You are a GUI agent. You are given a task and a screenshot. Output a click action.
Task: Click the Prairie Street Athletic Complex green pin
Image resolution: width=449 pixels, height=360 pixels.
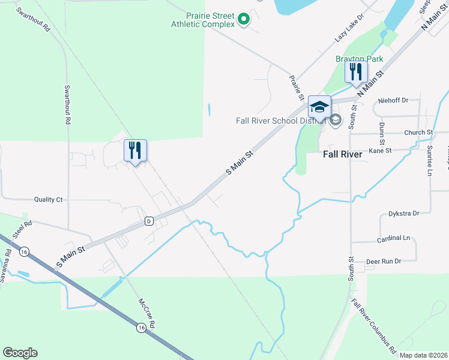pyautogui.click(x=243, y=20)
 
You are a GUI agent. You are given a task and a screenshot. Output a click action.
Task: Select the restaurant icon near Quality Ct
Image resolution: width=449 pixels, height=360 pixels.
pyautogui.click(x=135, y=150)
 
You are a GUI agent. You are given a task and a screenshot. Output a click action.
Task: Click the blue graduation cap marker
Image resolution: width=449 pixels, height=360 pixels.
pyautogui.click(x=319, y=107)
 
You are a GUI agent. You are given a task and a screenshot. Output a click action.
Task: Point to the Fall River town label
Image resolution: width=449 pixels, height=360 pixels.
pyautogui.click(x=342, y=154)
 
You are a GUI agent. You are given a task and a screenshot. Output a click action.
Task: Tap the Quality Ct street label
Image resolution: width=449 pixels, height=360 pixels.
pyautogui.click(x=48, y=199)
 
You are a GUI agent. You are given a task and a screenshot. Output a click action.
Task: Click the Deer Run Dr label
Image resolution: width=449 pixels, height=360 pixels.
pyautogui.click(x=383, y=261)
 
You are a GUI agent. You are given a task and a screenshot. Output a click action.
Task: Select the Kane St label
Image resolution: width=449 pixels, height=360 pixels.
pyautogui.click(x=380, y=151)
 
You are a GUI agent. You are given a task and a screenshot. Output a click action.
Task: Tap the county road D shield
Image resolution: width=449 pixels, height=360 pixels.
pyautogui.click(x=148, y=221)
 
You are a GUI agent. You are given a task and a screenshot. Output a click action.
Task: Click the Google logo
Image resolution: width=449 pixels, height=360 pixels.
pyautogui.click(x=20, y=353)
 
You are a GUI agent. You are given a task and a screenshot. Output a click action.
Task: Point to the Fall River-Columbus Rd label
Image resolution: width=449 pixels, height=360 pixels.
pyautogui.click(x=374, y=326)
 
